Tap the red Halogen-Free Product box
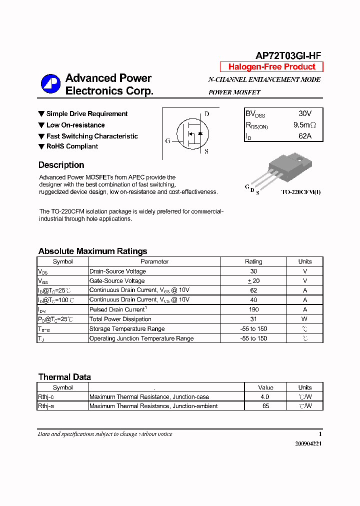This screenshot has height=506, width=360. pos(271,67)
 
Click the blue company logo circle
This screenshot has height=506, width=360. pos(50,84)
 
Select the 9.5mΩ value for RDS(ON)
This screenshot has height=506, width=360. pos(304,125)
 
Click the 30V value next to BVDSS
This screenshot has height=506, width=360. pos(304,114)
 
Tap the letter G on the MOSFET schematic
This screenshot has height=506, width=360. pos(167,141)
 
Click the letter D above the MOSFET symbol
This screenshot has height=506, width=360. pos(206,114)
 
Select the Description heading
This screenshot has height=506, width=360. pos(61,165)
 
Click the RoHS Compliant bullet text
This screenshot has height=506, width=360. pos(72,146)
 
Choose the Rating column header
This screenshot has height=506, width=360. pos(253,261)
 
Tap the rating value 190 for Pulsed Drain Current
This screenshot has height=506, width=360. pos(253,309)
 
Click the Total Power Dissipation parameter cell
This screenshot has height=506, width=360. pos(120,319)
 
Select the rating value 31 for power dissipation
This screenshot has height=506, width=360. pos(253,319)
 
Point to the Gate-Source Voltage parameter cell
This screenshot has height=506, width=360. pos(117,281)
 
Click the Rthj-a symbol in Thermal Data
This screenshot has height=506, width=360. pos(46,406)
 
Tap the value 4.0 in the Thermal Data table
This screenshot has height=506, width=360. pos(265,396)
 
